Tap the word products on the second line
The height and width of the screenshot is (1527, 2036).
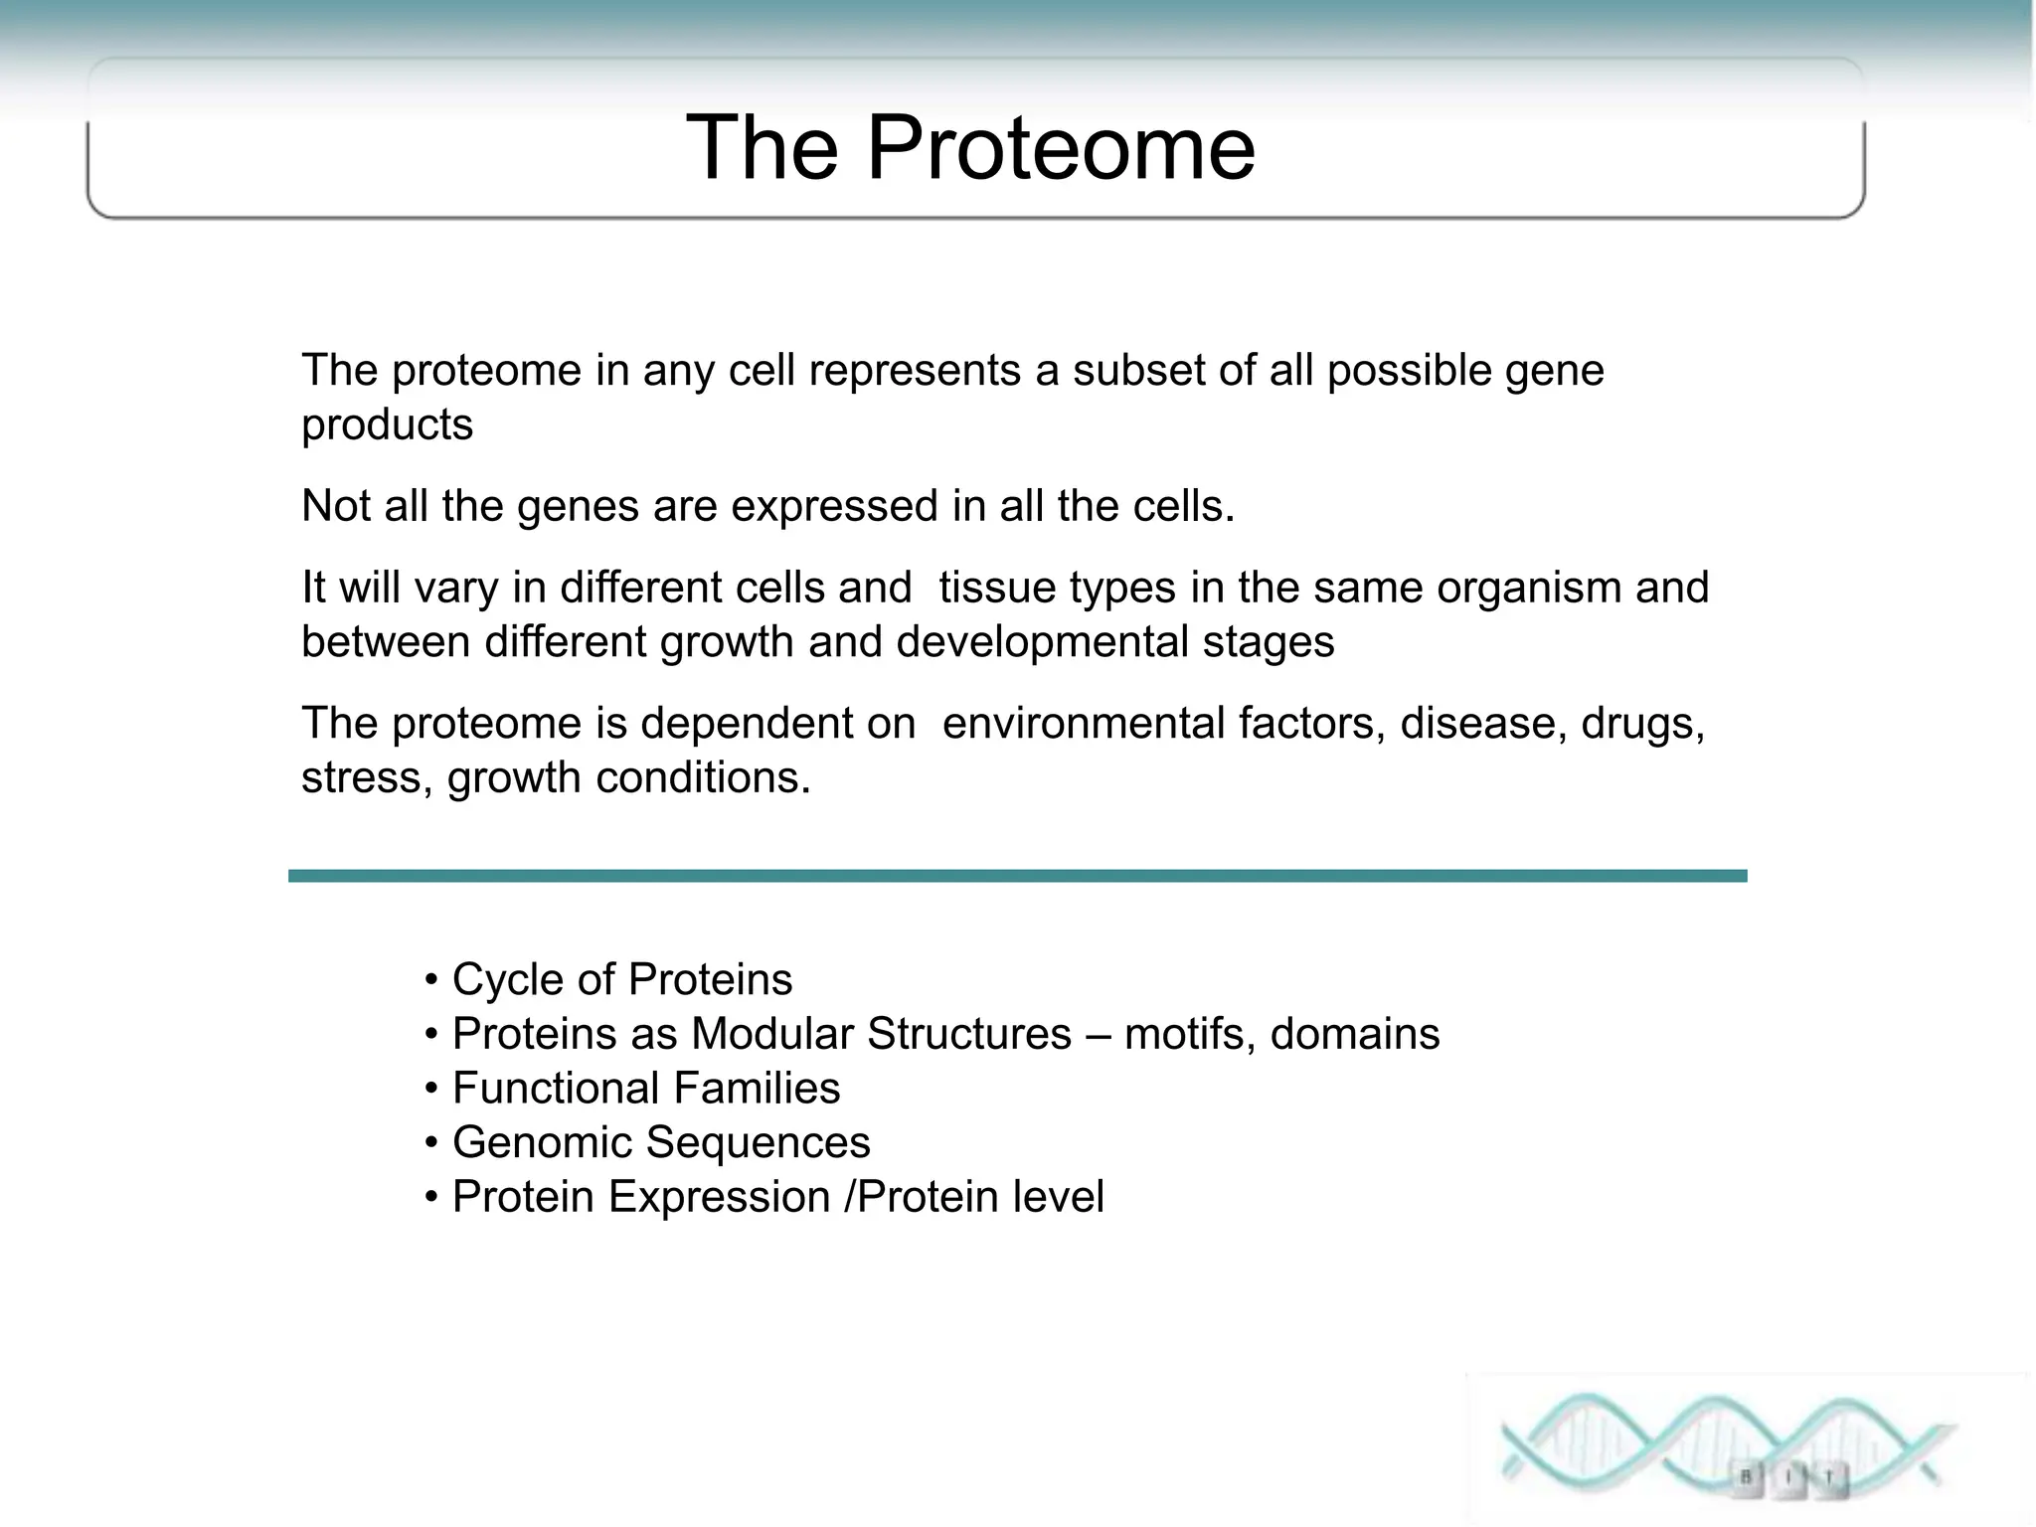point(387,425)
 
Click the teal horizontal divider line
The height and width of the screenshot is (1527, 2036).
point(1017,876)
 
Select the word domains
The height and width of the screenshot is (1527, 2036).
point(1354,1034)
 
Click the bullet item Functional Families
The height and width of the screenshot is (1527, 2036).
point(645,1089)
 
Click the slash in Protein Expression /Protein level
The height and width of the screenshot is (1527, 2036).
point(848,1197)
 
